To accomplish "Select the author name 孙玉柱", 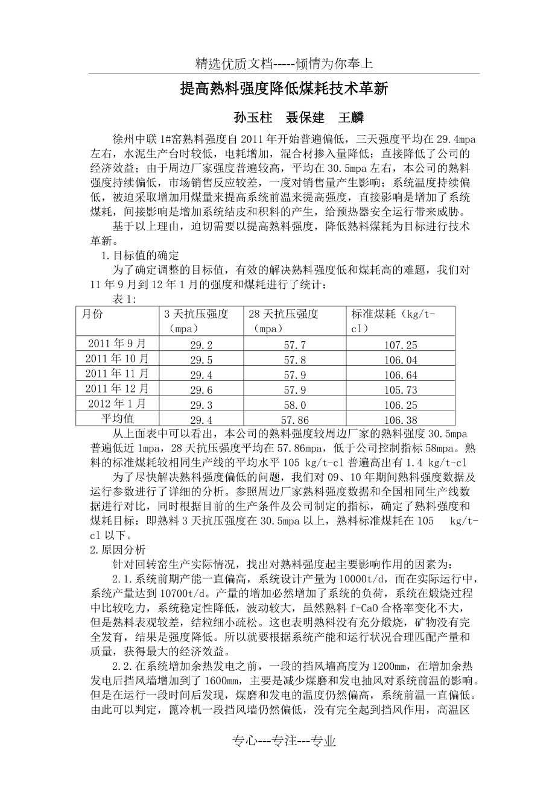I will [253, 117].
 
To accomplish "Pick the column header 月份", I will [92, 314].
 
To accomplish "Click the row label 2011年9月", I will [117, 344].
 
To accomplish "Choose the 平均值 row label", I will [117, 418].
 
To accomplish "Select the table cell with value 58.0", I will [294, 405].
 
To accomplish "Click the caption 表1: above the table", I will [125, 299].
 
